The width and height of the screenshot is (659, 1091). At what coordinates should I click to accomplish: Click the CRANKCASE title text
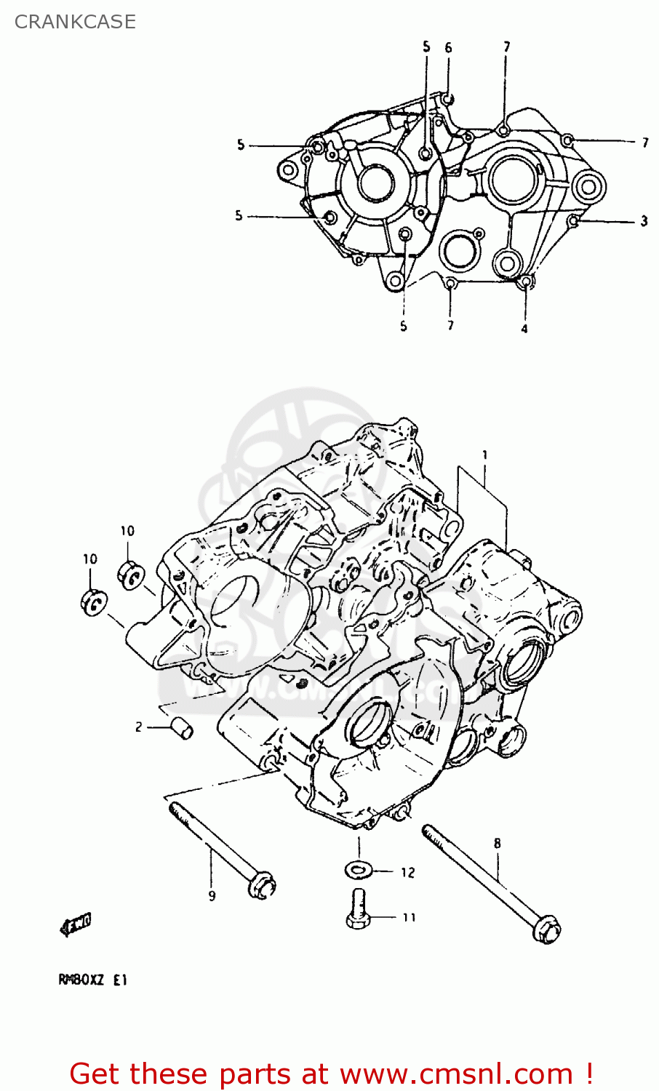pyautogui.click(x=75, y=22)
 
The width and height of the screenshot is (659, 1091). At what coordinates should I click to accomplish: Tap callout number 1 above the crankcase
pyautogui.click(x=484, y=455)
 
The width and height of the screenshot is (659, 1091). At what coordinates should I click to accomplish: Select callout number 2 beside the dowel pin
pyautogui.click(x=138, y=727)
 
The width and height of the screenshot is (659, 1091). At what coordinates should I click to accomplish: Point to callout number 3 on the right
pyautogui.click(x=644, y=220)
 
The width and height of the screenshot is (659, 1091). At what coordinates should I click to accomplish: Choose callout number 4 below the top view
pyautogui.click(x=524, y=329)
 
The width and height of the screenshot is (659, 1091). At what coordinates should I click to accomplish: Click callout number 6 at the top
pyautogui.click(x=448, y=48)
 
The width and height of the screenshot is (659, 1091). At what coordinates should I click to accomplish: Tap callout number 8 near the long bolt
pyautogui.click(x=498, y=844)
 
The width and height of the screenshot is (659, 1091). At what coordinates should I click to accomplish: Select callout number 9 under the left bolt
pyautogui.click(x=212, y=896)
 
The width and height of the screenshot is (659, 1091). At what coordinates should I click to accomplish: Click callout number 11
pyautogui.click(x=410, y=918)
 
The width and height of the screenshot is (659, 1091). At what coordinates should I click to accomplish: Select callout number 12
pyautogui.click(x=407, y=872)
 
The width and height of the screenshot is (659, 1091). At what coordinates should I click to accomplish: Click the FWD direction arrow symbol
pyautogui.click(x=76, y=924)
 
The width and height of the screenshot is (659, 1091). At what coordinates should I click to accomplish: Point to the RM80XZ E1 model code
pyautogui.click(x=92, y=980)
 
